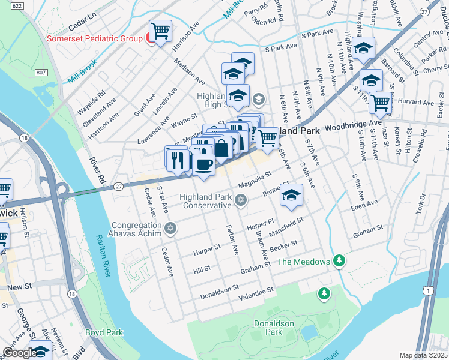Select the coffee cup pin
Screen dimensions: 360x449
[x=204, y=164]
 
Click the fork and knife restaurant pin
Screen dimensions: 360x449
[x=177, y=160]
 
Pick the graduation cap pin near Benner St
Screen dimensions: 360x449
[x=292, y=195]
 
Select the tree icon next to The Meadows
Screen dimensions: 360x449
[x=340, y=260]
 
